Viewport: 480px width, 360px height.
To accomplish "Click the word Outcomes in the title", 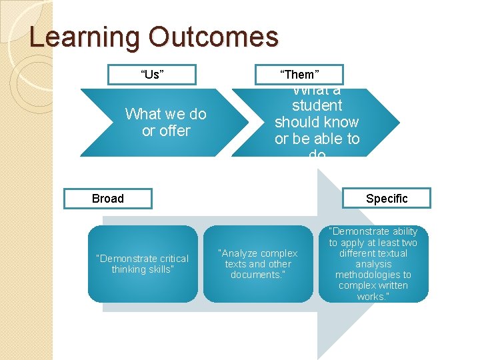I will coord(213,37).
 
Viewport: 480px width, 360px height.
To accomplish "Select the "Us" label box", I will coord(151,74).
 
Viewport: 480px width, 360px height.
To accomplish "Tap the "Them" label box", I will coord(299,74).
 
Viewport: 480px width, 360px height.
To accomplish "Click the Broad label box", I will coord(107,199).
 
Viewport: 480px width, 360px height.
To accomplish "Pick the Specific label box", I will coord(386,199).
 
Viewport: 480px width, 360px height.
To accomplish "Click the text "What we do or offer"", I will coord(165,123).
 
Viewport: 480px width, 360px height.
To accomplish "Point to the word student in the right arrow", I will coord(317,105).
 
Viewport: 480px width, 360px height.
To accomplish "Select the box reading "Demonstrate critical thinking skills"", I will coord(142,264).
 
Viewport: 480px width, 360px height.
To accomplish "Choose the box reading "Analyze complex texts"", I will coord(258,264).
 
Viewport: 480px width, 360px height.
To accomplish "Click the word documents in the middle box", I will coord(256,275).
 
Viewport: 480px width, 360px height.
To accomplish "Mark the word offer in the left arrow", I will coord(175,131).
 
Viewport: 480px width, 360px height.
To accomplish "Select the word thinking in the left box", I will coord(130,269).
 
